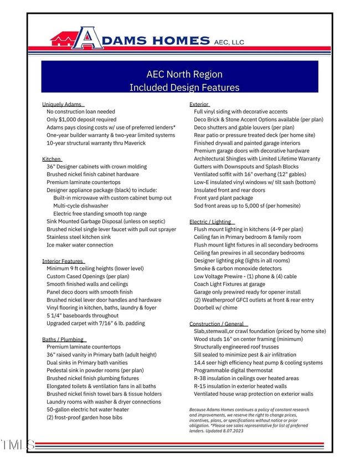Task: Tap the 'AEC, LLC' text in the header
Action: coord(229,42)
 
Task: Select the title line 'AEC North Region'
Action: coord(184,74)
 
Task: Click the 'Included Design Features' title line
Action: coord(184,88)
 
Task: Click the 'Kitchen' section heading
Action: coord(52,159)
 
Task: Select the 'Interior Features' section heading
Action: coord(63,261)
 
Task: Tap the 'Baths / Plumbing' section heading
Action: coord(63,339)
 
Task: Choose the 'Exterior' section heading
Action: coord(199,104)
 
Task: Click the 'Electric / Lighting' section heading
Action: coord(210,222)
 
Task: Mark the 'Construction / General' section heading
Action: coord(217,324)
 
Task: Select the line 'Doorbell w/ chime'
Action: coord(215,308)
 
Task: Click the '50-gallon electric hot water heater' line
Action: coord(88,409)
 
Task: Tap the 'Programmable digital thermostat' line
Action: coord(233,370)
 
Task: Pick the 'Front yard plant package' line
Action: coord(223,198)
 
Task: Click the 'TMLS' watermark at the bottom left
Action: coord(18,444)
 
